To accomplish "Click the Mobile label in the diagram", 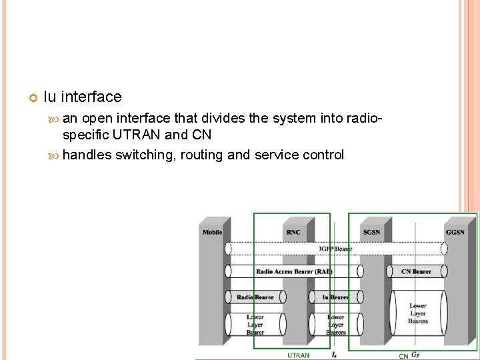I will coord(213,232).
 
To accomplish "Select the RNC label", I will coord(293,232).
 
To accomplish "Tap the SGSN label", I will coord(372,232).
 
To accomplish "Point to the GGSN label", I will coord(455,232).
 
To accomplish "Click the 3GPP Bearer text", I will coord(335,249).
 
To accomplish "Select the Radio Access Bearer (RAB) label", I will coord(294,271).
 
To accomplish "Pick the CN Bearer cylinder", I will coord(417,271).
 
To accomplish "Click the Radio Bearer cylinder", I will coord(255,297).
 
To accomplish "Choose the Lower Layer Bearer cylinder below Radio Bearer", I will coord(255,325).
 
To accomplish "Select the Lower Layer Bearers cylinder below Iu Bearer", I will coord(335,325).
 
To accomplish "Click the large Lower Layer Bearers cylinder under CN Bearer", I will coord(418,313).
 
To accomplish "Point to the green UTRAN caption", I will coord(298,355).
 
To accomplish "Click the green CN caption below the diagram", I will coord(403,356).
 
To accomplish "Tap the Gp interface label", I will coord(416,355).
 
